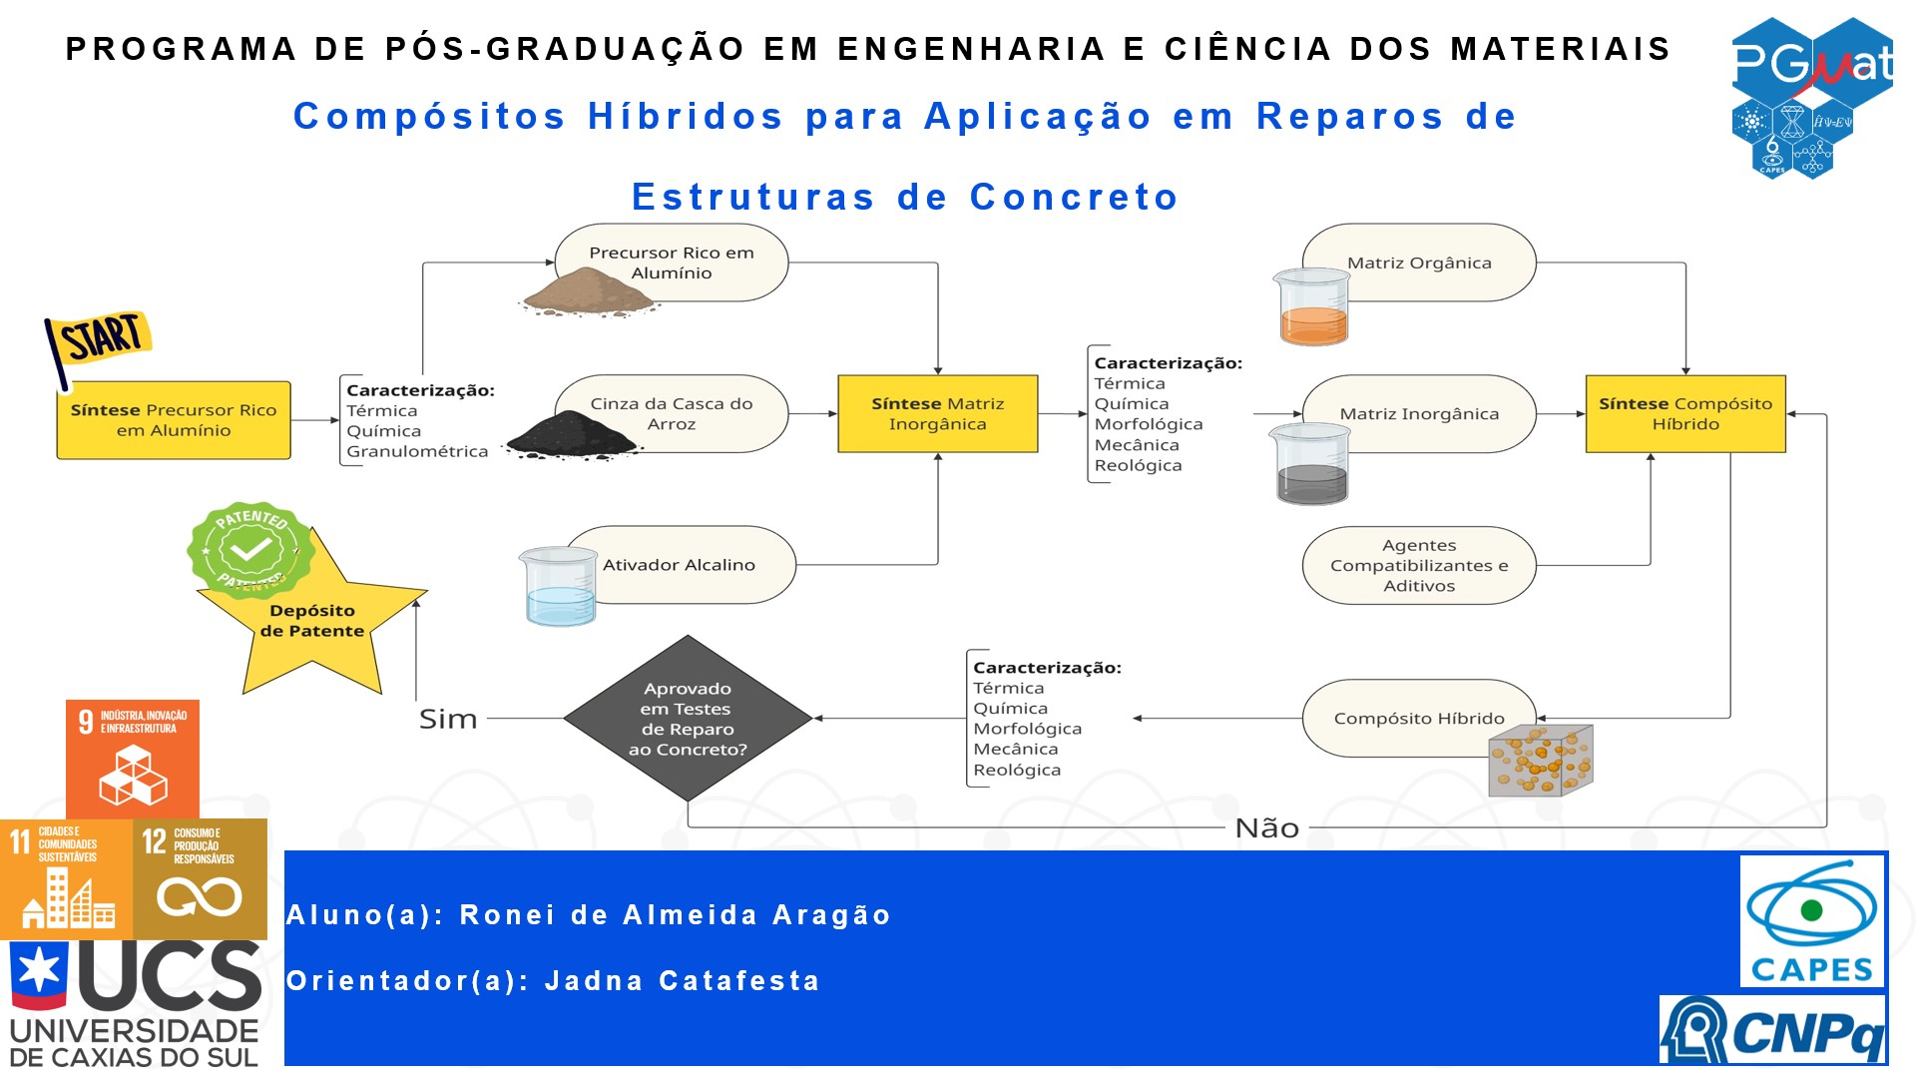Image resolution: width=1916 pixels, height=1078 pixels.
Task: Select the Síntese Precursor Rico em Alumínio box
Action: click(174, 420)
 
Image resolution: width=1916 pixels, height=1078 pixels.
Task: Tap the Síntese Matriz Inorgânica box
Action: click(938, 414)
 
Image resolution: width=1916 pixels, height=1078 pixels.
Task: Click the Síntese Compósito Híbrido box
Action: click(1685, 414)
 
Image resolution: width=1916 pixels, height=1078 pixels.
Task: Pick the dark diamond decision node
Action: click(688, 719)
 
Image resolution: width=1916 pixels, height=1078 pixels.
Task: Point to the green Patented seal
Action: click(249, 550)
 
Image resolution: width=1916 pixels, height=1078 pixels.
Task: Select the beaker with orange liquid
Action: click(1312, 307)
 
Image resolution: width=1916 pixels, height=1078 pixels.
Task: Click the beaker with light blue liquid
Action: click(558, 587)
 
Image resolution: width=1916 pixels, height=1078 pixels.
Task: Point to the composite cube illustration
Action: click(1541, 761)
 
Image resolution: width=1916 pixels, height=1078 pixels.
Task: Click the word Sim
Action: click(448, 719)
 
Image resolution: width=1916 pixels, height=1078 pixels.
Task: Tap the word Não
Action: click(1267, 827)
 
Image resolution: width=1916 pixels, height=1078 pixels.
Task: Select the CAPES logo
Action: click(1812, 921)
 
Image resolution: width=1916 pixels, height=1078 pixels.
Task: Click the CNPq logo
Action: click(1772, 1029)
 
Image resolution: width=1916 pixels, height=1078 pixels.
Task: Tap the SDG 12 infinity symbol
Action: click(200, 896)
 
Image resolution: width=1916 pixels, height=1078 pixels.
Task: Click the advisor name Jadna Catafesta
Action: click(683, 981)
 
